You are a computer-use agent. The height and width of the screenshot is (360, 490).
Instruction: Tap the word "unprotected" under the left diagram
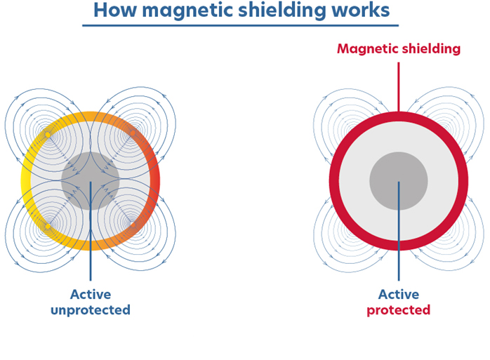tap(90, 309)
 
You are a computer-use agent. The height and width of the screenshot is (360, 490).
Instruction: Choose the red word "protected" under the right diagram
tap(399, 309)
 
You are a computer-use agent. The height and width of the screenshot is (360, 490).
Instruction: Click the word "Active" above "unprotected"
tap(91, 295)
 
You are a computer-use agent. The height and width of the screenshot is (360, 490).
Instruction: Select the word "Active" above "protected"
tap(399, 295)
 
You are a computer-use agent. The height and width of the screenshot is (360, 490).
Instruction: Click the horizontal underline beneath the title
tap(240, 26)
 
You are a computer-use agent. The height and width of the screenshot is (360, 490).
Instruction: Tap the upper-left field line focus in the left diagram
tap(47, 133)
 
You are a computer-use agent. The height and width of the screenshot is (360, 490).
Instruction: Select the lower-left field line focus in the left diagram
tap(47, 226)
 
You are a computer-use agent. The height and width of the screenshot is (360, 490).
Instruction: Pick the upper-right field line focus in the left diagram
tap(133, 133)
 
